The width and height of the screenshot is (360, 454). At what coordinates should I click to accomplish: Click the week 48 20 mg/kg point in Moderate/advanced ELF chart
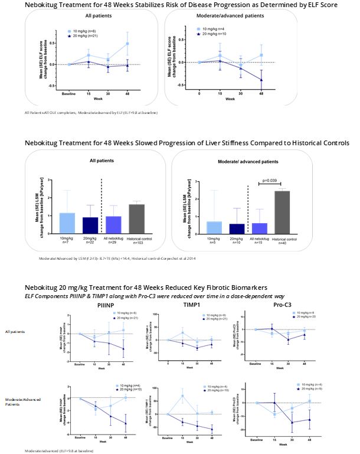point(261,80)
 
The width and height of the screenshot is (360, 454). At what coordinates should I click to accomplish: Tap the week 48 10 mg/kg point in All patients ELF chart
point(127,44)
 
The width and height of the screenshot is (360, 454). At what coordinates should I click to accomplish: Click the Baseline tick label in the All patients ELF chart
point(70,94)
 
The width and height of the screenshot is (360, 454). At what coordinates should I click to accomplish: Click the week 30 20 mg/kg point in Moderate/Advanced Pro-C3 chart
point(292,422)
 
